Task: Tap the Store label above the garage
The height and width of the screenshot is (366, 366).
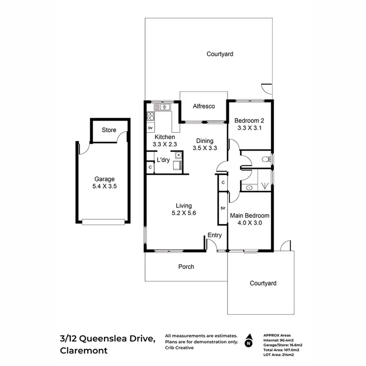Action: tap(108, 130)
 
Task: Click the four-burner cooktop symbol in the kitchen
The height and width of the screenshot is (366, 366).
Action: tap(150, 117)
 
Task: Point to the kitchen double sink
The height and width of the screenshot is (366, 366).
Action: tap(160, 107)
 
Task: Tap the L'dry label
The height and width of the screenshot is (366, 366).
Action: tap(163, 160)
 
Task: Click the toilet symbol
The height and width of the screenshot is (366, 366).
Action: tap(265, 159)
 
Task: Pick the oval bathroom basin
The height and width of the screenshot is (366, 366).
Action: tap(249, 187)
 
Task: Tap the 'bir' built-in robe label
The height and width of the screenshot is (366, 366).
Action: tap(223, 207)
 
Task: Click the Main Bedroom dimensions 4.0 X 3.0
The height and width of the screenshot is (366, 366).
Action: tap(249, 223)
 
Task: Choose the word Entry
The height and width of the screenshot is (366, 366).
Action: tap(215, 235)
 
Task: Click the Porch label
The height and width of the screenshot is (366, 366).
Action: tap(186, 266)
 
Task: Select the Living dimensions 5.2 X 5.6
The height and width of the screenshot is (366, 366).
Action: tap(184, 213)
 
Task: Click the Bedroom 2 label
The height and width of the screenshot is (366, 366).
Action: tap(249, 121)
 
